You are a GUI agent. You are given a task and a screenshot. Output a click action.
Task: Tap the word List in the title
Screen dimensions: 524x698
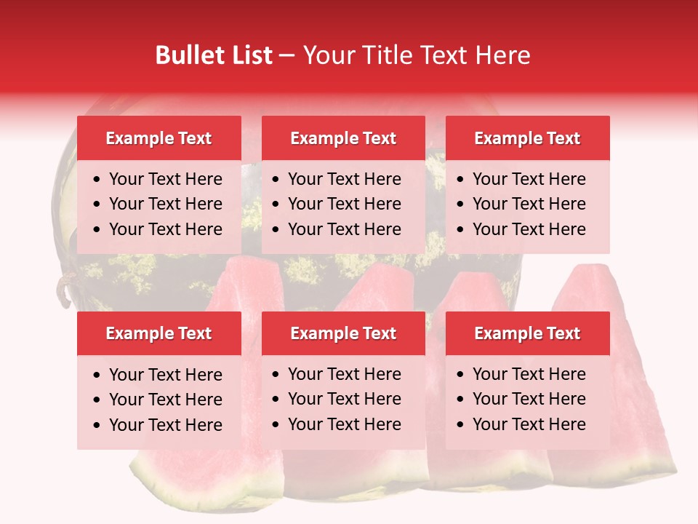(249, 55)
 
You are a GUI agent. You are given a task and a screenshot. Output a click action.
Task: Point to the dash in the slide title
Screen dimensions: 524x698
(287, 55)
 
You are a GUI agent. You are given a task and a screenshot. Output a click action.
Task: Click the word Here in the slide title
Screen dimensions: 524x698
(502, 55)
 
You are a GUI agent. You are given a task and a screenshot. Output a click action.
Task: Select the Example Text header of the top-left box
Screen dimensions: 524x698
(159, 138)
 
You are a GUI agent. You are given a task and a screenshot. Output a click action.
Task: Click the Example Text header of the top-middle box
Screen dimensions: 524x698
(343, 138)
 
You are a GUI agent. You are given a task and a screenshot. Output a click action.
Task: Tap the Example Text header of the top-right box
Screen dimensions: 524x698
(527, 138)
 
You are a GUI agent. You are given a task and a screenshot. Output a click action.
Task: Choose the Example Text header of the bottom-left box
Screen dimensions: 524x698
(159, 333)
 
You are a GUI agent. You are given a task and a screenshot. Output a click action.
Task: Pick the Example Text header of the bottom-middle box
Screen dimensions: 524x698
(343, 333)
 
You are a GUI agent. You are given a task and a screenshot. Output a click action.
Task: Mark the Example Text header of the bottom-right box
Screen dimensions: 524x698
(527, 333)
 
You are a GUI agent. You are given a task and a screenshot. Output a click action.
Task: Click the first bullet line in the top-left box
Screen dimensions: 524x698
(165, 179)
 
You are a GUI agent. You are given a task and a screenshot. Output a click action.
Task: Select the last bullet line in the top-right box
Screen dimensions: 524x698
(529, 229)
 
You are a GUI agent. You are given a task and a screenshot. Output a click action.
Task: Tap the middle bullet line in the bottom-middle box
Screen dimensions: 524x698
(344, 399)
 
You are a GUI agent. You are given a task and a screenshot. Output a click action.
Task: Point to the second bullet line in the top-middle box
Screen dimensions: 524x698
(344, 204)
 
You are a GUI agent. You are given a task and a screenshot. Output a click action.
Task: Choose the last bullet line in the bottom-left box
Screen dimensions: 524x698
(165, 424)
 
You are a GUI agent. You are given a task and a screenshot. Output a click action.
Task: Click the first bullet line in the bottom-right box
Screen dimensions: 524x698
(529, 374)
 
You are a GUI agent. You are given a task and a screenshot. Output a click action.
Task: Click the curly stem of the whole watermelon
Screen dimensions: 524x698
(63, 287)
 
